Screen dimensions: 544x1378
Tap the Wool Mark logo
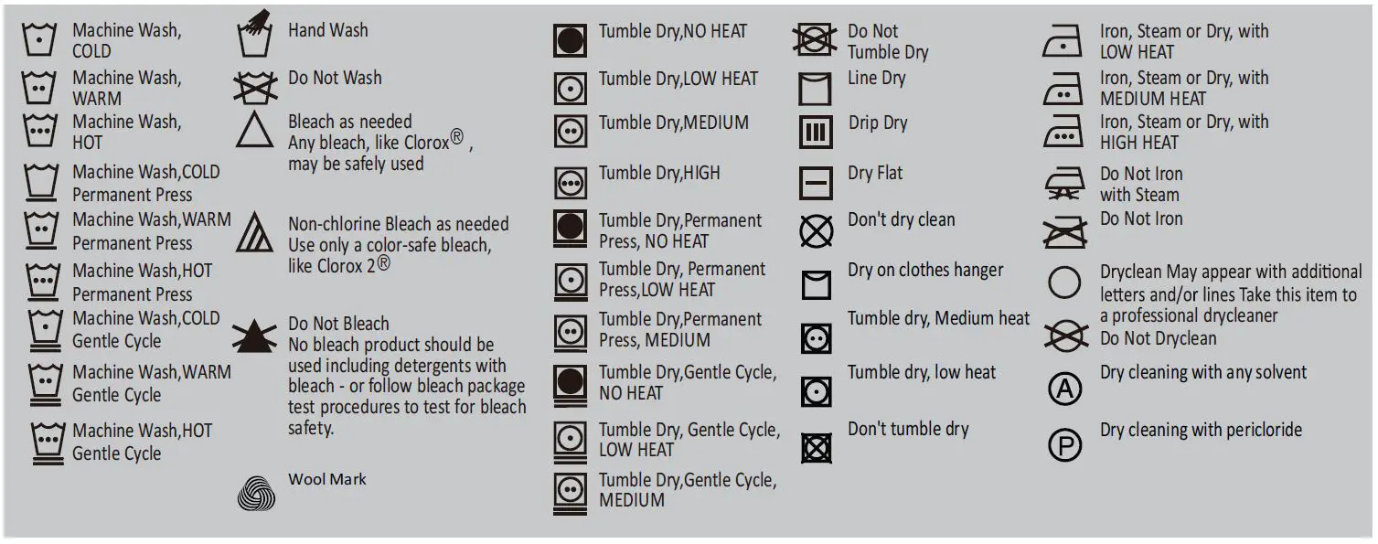[256, 494]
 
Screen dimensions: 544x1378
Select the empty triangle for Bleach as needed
[254, 132]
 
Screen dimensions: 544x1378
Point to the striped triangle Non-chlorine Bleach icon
[254, 236]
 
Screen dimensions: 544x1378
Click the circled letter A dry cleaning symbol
[1064, 389]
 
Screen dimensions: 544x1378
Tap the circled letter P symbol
[1064, 445]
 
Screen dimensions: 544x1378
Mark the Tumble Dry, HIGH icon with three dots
[571, 183]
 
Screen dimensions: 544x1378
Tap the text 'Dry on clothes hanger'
[925, 271]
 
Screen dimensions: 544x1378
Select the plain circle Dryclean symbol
[1064, 283]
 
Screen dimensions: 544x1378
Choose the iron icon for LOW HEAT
[1063, 42]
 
